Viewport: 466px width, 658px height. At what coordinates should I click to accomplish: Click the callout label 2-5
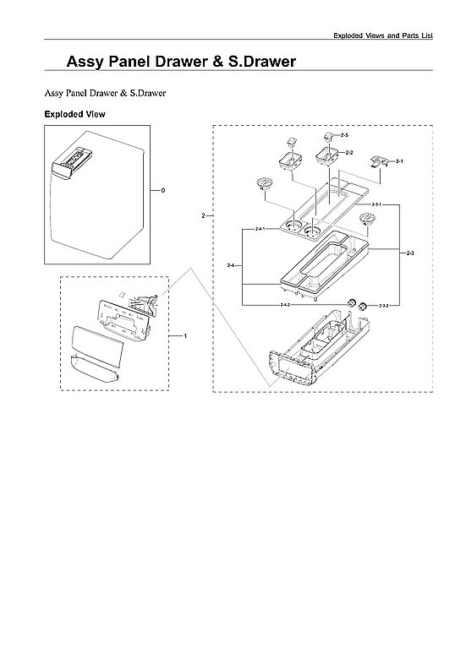(344, 136)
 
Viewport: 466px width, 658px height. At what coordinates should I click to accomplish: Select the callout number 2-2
(349, 152)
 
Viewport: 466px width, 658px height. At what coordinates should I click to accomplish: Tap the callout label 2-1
(399, 160)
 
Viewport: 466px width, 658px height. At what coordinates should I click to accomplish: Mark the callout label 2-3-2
(383, 304)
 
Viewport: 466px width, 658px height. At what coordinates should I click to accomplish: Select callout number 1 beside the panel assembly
(184, 336)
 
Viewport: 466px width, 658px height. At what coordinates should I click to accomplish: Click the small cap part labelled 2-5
(328, 136)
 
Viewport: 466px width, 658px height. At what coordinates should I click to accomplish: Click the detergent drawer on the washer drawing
(72, 160)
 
